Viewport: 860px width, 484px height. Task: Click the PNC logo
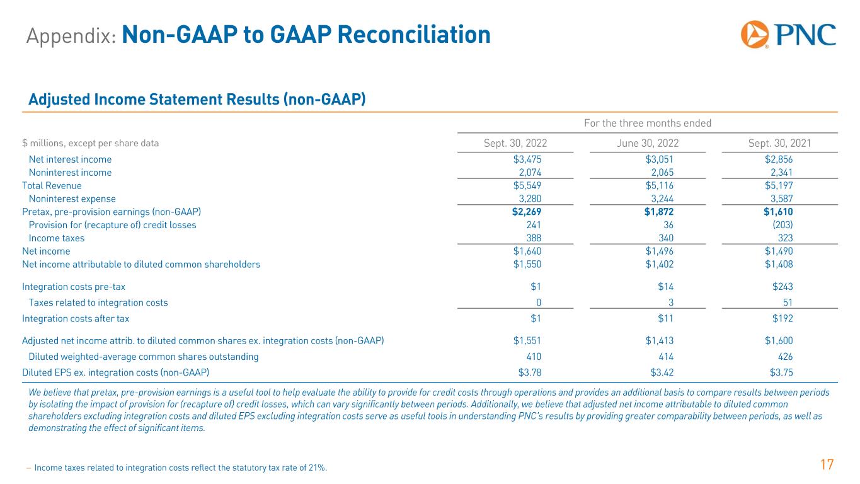[788, 35]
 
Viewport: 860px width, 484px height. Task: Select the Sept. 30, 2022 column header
[515, 143]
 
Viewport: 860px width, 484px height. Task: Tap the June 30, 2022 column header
[648, 143]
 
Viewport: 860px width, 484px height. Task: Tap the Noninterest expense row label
[72, 199]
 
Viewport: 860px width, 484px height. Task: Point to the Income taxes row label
[57, 238]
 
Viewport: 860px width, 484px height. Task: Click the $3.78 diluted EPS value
[529, 372]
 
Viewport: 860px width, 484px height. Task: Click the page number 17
[827, 466]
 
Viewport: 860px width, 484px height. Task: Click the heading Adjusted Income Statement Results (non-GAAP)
[197, 100]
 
